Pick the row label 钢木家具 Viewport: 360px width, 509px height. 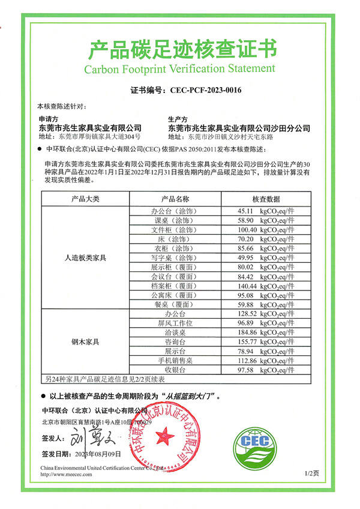tap(85, 342)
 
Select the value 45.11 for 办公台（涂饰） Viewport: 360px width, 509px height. tap(247, 211)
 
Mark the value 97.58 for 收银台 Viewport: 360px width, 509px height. tap(247, 370)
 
